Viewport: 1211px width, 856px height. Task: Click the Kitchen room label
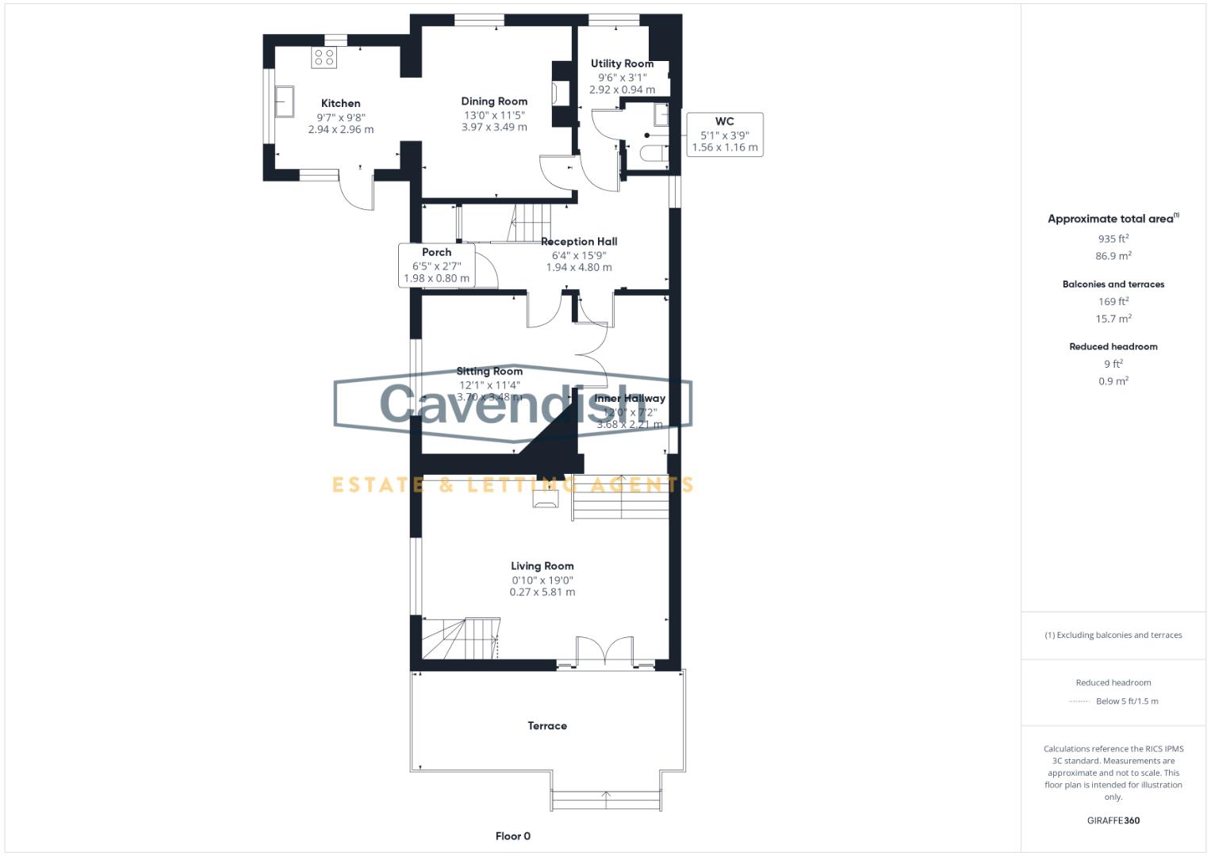click(x=340, y=103)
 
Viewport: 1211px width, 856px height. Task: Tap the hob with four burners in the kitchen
click(x=324, y=57)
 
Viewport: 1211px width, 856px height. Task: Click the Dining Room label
click(x=494, y=101)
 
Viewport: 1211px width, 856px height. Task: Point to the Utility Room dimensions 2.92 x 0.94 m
click(x=622, y=90)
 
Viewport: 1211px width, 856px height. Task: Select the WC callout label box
click(x=724, y=135)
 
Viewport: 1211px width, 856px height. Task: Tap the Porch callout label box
click(x=436, y=266)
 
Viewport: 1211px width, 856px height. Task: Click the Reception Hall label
click(x=579, y=242)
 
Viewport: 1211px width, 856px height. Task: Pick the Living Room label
click(x=542, y=566)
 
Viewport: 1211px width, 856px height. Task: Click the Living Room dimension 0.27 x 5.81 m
click(x=542, y=592)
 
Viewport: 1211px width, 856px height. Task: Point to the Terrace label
click(x=547, y=726)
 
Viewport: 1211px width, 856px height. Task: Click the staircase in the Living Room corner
click(x=460, y=639)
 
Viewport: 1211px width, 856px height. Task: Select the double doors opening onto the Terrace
click(x=604, y=652)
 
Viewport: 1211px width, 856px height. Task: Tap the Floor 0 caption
click(x=512, y=836)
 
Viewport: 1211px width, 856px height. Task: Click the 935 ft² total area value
click(x=1113, y=239)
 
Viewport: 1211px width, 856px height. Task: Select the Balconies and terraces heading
click(x=1113, y=284)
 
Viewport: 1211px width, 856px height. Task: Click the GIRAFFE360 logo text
click(x=1113, y=820)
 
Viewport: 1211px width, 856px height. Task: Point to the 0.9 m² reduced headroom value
click(x=1113, y=381)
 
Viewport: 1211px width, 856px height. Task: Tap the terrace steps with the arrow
click(x=607, y=800)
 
